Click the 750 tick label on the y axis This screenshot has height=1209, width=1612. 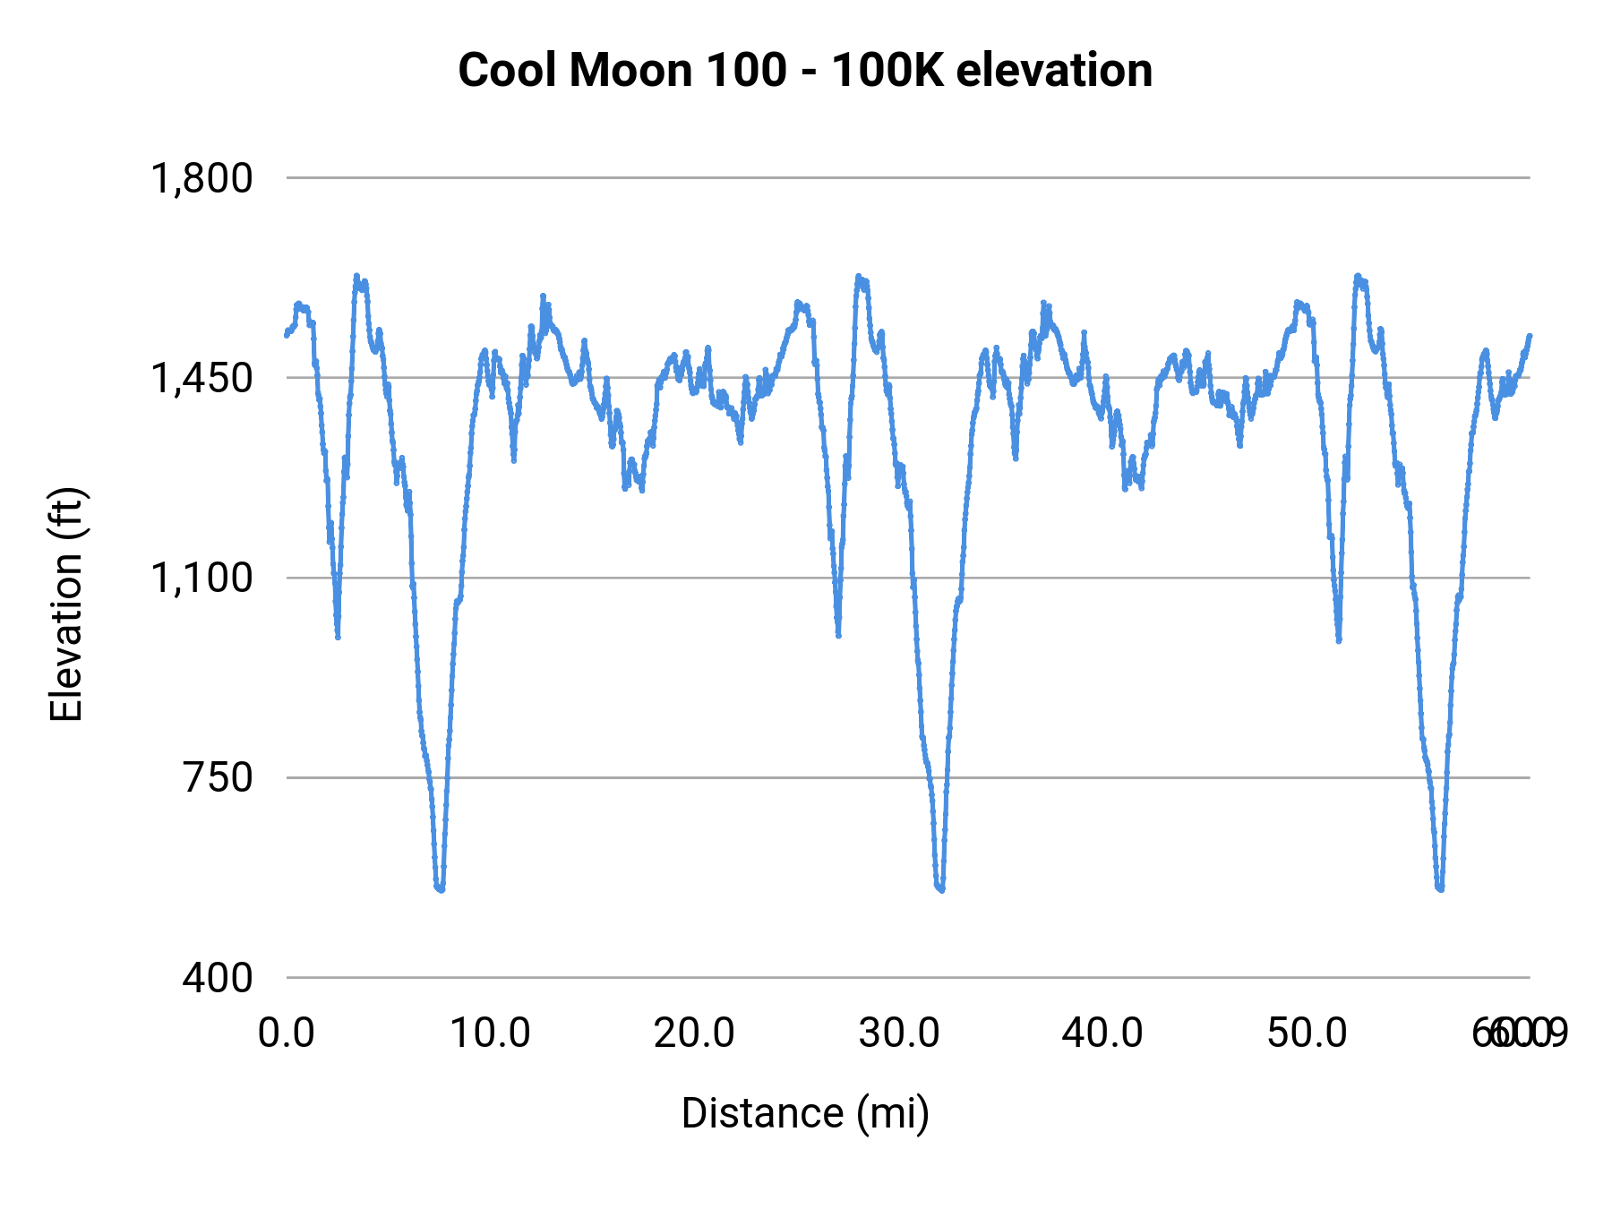click(x=218, y=777)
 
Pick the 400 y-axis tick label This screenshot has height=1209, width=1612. click(x=218, y=977)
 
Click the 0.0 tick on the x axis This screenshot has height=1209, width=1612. click(x=287, y=1033)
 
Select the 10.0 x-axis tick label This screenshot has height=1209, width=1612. click(x=490, y=1033)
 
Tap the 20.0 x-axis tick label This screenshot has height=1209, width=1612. click(x=694, y=1033)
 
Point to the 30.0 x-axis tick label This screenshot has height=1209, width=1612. click(x=898, y=1033)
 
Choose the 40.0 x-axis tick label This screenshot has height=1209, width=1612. click(x=1102, y=1033)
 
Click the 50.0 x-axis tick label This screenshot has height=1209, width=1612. click(x=1307, y=1033)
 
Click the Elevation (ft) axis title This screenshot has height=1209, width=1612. click(x=66, y=604)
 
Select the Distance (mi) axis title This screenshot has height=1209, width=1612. click(x=805, y=1113)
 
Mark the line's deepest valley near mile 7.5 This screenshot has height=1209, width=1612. click(x=440, y=889)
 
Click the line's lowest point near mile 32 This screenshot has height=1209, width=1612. click(x=940, y=889)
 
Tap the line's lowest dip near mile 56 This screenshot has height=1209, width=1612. click(x=1439, y=889)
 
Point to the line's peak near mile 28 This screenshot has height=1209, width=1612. click(x=858, y=277)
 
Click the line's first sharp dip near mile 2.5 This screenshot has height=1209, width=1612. click(x=338, y=637)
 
